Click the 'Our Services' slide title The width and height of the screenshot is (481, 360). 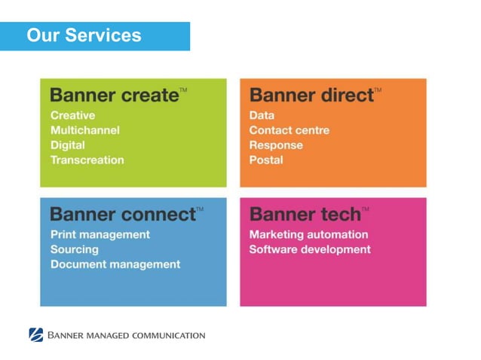[84, 35]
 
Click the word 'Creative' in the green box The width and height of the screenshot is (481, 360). [73, 115]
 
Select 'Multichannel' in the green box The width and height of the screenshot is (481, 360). [85, 130]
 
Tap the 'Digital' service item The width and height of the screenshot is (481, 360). [68, 145]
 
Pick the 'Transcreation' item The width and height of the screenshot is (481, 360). [87, 160]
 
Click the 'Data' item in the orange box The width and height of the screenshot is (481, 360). [262, 115]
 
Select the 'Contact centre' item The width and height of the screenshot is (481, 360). [290, 130]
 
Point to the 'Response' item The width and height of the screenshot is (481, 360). [276, 145]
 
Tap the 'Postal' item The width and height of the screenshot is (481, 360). [266, 160]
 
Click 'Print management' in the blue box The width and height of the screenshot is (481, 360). [100, 234]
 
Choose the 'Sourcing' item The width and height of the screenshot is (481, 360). [75, 249]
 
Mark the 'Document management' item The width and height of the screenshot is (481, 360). [115, 264]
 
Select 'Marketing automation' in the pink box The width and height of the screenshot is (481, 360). [309, 234]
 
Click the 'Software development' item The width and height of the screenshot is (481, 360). [310, 249]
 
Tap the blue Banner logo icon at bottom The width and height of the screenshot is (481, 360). [36, 335]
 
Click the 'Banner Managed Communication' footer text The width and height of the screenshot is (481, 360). [127, 335]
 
